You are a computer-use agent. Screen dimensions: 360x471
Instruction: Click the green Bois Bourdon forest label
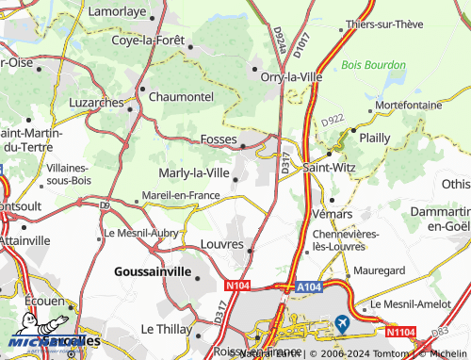point(374,65)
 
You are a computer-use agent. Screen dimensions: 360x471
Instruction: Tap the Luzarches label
point(99,101)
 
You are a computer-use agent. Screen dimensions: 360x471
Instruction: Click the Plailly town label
point(374,137)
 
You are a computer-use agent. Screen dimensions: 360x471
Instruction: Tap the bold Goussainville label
point(152,271)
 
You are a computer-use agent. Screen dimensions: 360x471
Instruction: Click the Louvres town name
point(222,244)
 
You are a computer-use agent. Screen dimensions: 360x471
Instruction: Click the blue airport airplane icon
point(341,323)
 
